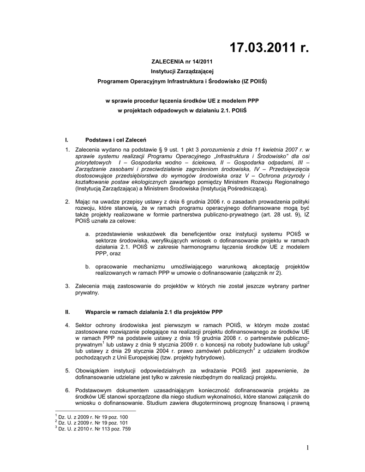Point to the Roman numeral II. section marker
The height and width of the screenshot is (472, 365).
[67, 312]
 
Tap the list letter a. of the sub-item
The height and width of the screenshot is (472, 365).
[87, 234]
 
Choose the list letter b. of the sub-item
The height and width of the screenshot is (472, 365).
[87, 266]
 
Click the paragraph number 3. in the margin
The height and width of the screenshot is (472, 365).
[67, 286]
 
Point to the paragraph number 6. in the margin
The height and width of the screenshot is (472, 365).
[67, 389]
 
